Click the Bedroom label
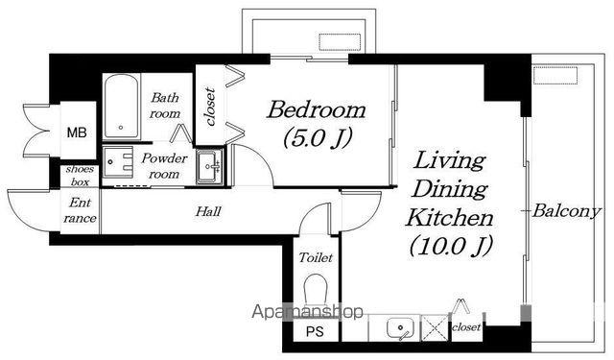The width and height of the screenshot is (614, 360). tap(316, 110)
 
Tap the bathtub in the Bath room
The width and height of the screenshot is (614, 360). tap(121, 107)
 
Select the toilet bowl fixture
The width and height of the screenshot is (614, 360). tap(316, 290)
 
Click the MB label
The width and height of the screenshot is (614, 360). tap(77, 132)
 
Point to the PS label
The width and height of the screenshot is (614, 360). tap(315, 332)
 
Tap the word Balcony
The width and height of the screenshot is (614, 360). tap(566, 211)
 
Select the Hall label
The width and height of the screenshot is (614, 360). tap(208, 211)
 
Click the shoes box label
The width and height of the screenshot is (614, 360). tap(80, 176)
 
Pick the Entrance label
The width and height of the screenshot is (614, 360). tap(80, 210)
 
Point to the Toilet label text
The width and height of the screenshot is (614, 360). tap(316, 257)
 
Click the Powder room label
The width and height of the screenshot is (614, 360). tap(164, 166)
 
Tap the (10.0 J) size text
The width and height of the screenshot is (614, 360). tap(451, 246)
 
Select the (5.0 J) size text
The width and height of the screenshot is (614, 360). tap(318, 138)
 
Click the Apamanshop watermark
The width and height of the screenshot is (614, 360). tap(307, 312)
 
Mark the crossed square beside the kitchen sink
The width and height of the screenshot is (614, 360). tap(435, 328)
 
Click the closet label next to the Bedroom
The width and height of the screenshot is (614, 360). tap(211, 107)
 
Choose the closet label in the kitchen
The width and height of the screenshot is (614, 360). tap(466, 326)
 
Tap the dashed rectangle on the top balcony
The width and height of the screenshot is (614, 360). tap(340, 42)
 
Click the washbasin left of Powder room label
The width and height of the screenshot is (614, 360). tap(117, 162)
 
